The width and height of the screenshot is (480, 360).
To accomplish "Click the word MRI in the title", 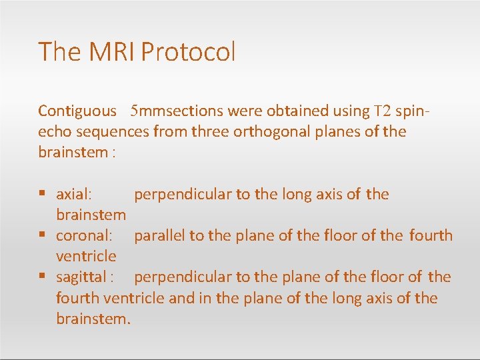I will pos(105,52).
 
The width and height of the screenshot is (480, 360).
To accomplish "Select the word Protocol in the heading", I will pos(189,52).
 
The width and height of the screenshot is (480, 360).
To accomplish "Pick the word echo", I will pos(54,131).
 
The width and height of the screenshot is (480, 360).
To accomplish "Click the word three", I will pos(210,131).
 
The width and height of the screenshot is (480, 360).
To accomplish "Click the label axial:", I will pos(74,195).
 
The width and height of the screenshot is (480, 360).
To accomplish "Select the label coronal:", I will pos(84,235).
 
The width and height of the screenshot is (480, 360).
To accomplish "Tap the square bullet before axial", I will pos(42,195).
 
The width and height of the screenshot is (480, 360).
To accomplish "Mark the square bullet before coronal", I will pos(42,235).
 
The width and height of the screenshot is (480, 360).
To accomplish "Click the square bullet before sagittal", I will pos(42,277).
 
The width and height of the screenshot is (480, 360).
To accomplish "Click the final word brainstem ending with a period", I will pos(93,318).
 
